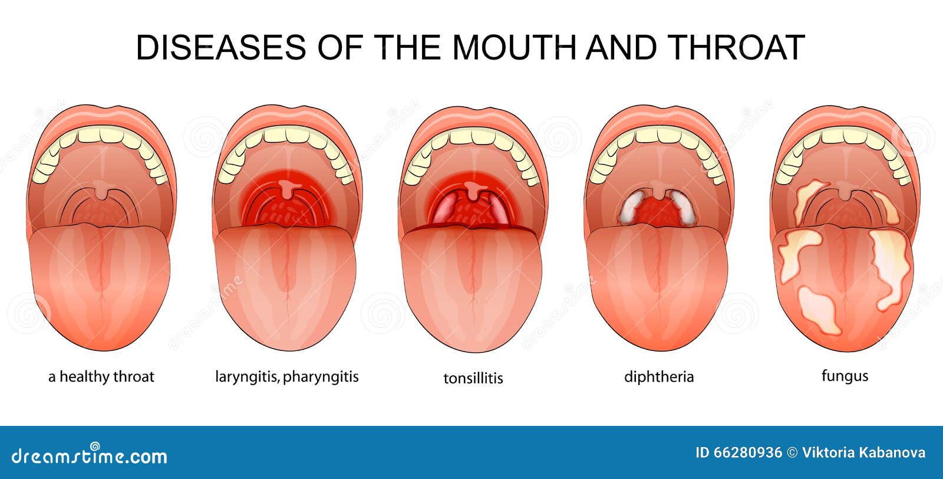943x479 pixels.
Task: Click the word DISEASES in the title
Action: [x=221, y=47]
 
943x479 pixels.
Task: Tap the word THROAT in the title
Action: [x=736, y=47]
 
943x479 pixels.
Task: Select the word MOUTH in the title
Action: [x=515, y=47]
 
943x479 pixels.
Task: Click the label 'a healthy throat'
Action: [x=101, y=376]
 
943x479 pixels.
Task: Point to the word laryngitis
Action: [x=247, y=376]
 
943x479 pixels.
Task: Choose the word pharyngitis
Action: [x=321, y=376]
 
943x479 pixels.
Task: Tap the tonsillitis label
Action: [x=473, y=378]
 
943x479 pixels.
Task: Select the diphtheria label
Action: [x=659, y=376]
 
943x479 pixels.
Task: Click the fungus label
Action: [x=845, y=376]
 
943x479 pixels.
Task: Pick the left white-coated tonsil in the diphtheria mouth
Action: [x=631, y=206]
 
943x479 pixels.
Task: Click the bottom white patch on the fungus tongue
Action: [x=819, y=310]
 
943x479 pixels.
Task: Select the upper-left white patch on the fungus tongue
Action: [x=798, y=255]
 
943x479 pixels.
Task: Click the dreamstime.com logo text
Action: [x=89, y=455]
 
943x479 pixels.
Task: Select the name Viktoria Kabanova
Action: [x=863, y=453]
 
